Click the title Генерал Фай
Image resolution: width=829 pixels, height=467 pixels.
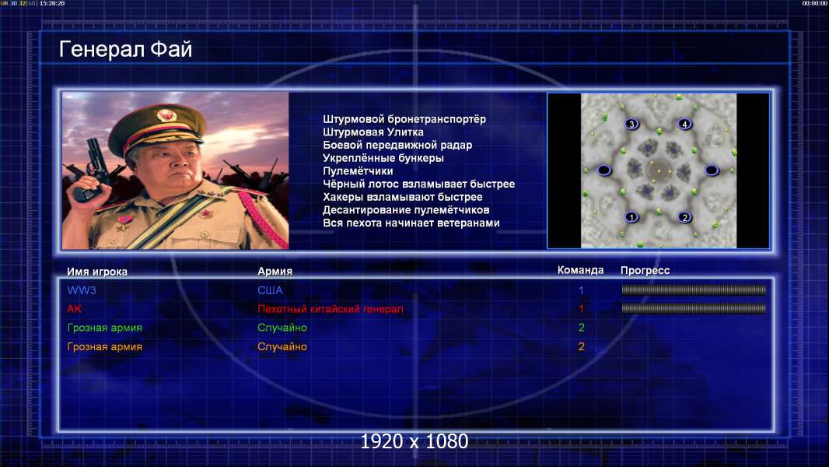pos(125,49)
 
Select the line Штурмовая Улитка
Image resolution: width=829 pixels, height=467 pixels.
pos(373,132)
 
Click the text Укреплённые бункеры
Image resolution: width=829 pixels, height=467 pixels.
pos(383,158)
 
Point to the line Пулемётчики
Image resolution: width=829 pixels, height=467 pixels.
pos(358,170)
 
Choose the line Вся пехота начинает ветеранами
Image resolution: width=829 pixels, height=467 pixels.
pos(411,223)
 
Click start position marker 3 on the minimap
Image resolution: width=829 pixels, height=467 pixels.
pos(631,125)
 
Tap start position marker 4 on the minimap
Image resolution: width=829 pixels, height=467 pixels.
pos(684,125)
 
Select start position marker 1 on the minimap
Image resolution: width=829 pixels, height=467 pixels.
pos(631,217)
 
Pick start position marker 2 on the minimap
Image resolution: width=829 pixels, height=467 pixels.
pos(684,217)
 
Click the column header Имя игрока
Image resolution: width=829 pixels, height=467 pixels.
pos(97,272)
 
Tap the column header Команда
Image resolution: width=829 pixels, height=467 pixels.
pos(580,270)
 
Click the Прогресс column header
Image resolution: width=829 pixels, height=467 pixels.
pos(645,270)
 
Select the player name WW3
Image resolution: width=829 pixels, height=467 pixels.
pos(82,290)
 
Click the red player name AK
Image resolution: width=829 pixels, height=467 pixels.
pos(74,309)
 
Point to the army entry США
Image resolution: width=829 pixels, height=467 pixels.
pos(270,290)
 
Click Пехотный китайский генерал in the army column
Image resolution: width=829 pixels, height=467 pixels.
pos(330,309)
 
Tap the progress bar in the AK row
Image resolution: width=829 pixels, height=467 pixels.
pos(694,308)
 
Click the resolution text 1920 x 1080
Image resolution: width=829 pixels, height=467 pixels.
pos(414,441)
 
